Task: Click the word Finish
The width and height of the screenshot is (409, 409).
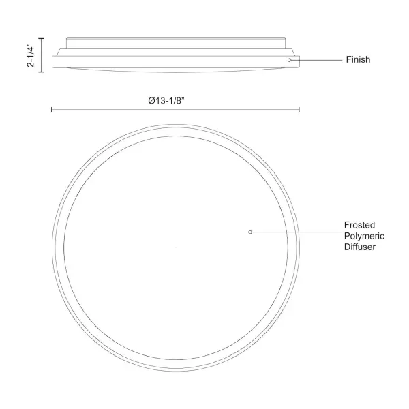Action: (358, 60)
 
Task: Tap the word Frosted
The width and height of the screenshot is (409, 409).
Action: (359, 225)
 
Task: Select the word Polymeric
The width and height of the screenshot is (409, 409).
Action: (364, 236)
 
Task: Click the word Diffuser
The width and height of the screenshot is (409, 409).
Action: (360, 247)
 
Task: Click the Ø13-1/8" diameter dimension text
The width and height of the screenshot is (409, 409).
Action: (166, 100)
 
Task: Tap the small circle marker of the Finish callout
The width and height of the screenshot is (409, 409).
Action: (289, 60)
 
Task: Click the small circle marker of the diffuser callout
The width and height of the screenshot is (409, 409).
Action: (250, 232)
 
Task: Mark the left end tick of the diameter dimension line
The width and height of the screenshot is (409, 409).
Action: (52, 110)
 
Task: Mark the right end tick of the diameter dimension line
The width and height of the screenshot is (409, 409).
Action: (299, 110)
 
